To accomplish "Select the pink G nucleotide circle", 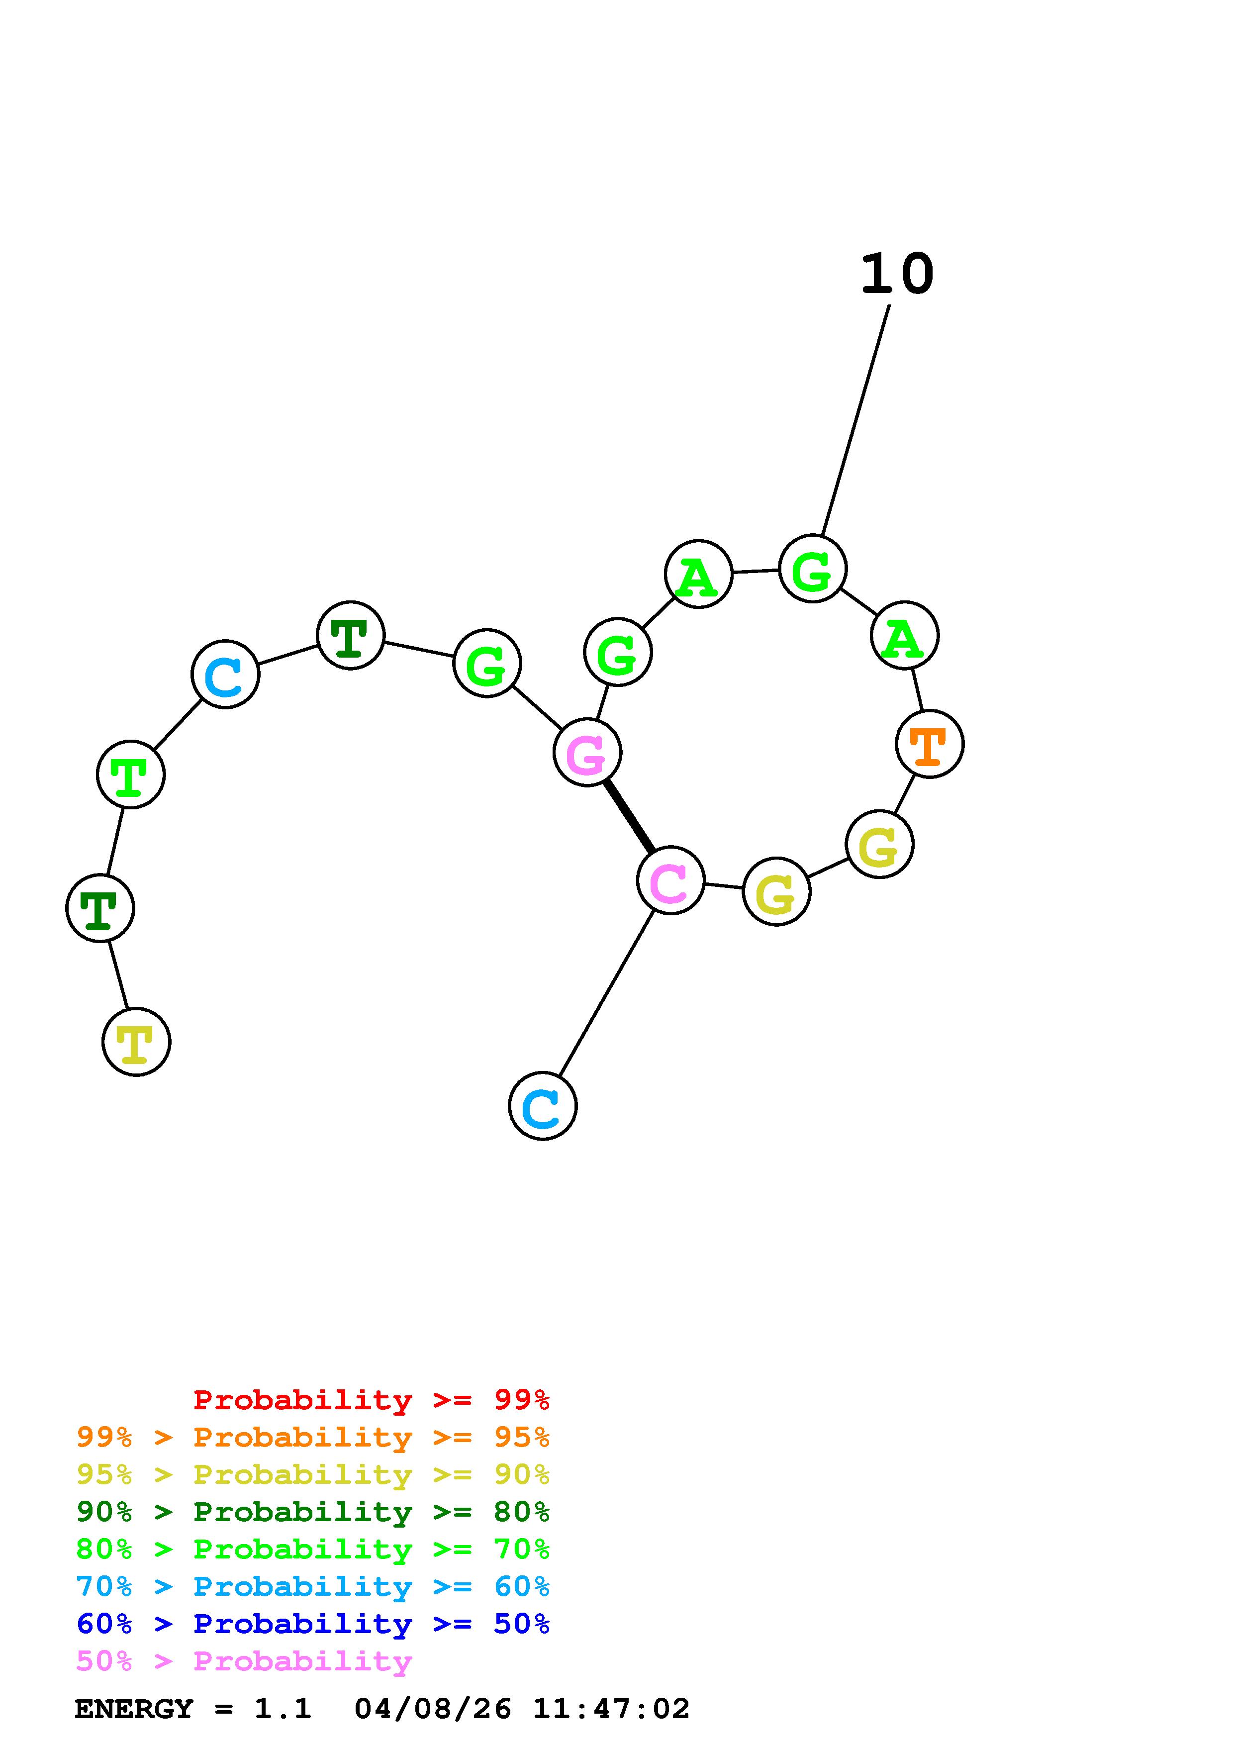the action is (587, 753).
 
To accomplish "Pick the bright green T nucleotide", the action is (131, 775).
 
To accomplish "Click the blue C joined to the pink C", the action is (543, 1106).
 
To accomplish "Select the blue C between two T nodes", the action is (226, 674).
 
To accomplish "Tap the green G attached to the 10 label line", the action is (813, 569).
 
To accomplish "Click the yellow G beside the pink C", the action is (776, 891).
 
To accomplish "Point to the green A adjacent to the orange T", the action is (904, 635).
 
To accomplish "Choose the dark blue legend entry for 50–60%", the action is (312, 1624).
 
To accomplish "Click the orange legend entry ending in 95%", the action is (312, 1437).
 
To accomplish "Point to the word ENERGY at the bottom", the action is (134, 1709).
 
